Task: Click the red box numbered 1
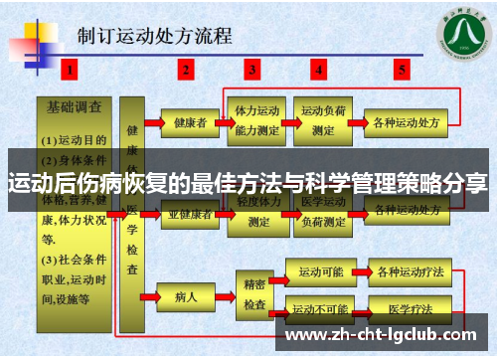(x=69, y=70)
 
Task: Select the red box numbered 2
(x=186, y=70)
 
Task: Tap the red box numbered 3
(x=253, y=70)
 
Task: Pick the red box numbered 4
(x=319, y=70)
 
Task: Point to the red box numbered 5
(x=402, y=70)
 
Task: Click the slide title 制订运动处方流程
(x=155, y=38)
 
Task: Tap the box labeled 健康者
(x=189, y=123)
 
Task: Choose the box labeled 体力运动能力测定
(x=256, y=120)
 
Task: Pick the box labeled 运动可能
(x=320, y=271)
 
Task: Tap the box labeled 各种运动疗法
(x=407, y=271)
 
